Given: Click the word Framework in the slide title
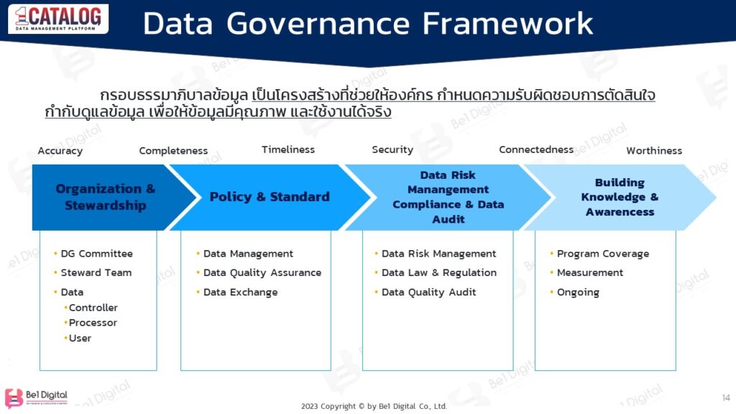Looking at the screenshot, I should (x=507, y=24).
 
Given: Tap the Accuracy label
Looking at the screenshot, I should (x=60, y=151).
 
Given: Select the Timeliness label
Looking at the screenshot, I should (x=288, y=149).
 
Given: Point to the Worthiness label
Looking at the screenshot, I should (x=654, y=151).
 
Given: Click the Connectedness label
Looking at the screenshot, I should (x=536, y=149).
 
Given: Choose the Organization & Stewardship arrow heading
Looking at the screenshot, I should (x=106, y=197).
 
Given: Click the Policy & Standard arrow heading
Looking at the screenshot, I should (x=270, y=197).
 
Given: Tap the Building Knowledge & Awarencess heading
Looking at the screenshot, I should (x=620, y=197).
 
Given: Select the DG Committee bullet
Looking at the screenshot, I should (x=96, y=254).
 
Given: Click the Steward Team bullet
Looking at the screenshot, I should (x=96, y=273).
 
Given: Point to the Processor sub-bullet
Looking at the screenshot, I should (x=93, y=323).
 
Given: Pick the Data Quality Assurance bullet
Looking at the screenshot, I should (x=262, y=273).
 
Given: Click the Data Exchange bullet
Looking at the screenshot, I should (x=240, y=293).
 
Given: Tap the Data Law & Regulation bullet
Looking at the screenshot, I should (x=438, y=273).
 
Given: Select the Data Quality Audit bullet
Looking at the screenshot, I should (x=428, y=293).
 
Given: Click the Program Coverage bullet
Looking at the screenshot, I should (x=602, y=254).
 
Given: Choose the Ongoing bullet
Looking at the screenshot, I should (x=578, y=293).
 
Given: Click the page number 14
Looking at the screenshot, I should (x=725, y=397).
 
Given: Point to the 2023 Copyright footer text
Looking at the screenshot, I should (x=374, y=406).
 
